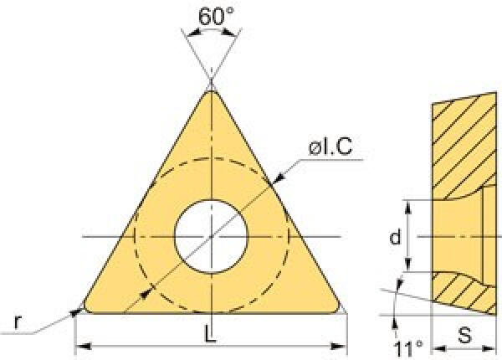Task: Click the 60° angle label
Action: (x=216, y=15)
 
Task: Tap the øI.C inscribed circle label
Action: (x=330, y=147)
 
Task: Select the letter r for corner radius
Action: (x=18, y=321)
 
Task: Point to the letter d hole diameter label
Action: (x=396, y=237)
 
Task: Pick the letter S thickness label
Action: (x=464, y=336)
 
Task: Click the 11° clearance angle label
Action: (x=408, y=349)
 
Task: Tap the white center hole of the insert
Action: (x=211, y=237)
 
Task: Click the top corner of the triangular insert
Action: (x=212, y=91)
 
